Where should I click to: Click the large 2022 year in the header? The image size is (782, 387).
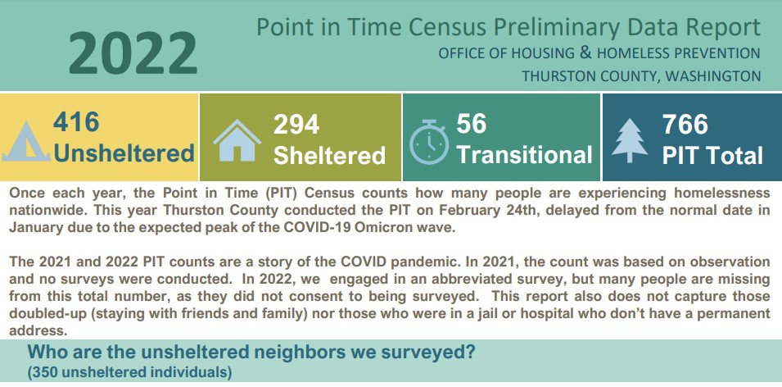[133, 53]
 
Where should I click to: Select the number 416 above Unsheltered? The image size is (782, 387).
[76, 122]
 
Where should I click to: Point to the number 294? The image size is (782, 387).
[296, 124]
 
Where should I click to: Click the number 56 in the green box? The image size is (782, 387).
[472, 123]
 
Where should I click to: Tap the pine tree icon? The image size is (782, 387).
[630, 140]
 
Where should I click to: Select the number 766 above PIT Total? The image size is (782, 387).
[685, 125]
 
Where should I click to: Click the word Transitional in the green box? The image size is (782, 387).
[525, 154]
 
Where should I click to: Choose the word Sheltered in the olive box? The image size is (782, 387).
[330, 155]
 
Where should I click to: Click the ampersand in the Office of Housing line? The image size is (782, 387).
[585, 52]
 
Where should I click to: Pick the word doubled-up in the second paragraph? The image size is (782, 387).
[42, 315]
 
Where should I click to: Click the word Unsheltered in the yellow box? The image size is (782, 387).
[124, 153]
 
